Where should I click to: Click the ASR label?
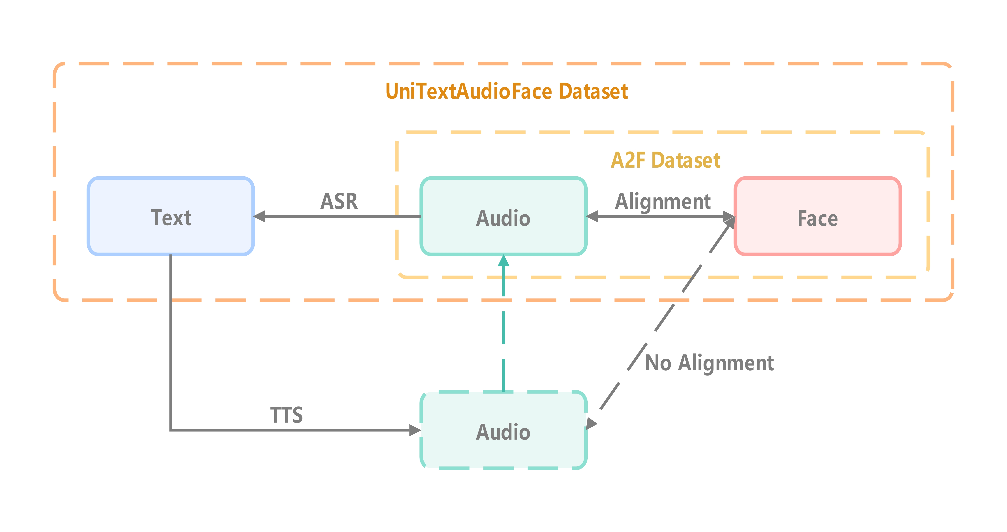pyautogui.click(x=339, y=201)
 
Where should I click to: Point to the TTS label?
pyautogui.click(x=287, y=415)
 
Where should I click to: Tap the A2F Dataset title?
pyautogui.click(x=665, y=160)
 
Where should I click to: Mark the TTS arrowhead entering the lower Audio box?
pyautogui.click(x=415, y=430)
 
